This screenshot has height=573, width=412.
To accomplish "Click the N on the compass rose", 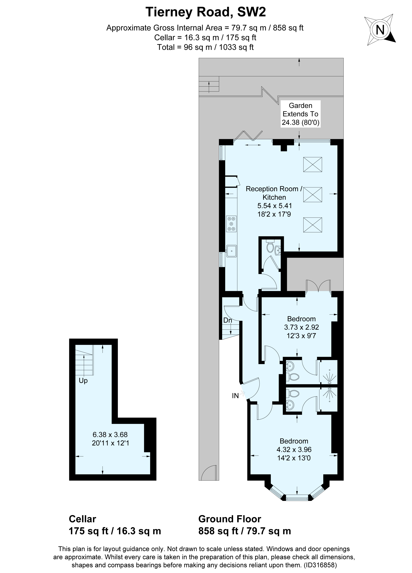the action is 380,30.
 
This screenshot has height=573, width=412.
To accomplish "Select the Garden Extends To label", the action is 300,110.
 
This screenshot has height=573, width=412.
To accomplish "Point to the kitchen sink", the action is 231,251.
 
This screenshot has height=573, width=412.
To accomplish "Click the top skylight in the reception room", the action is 313,164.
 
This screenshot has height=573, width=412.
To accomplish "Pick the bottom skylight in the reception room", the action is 313,225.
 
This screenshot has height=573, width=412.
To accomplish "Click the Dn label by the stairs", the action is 228,320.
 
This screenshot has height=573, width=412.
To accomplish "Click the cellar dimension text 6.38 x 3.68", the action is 110,435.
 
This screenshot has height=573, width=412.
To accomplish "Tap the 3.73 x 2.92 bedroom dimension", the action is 301,327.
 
